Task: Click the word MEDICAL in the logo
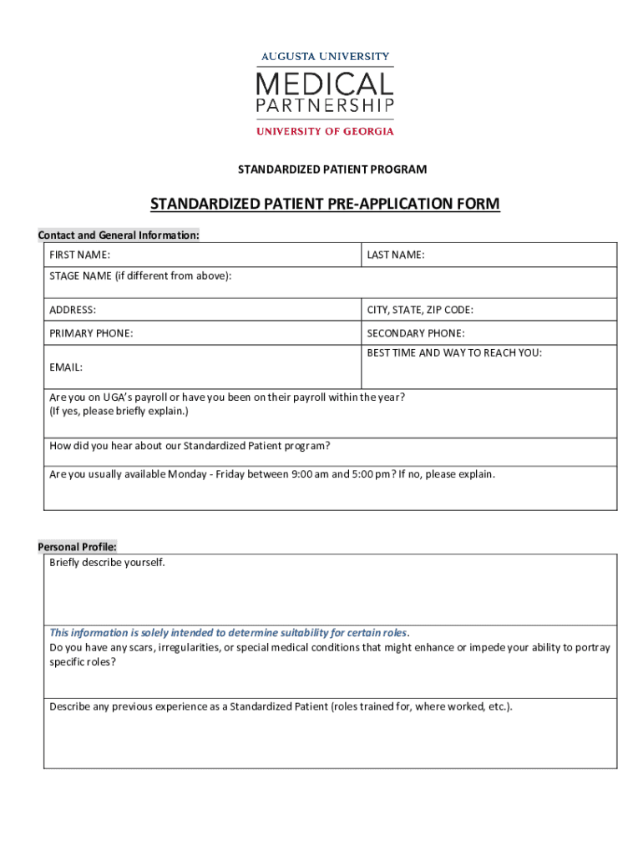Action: (324, 84)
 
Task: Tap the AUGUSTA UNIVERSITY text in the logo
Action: (325, 57)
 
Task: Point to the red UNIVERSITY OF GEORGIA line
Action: (325, 130)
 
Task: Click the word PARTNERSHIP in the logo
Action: (324, 107)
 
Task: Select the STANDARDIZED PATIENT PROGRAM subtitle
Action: (332, 169)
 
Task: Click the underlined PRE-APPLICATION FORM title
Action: (325, 205)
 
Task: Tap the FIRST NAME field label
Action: (80, 255)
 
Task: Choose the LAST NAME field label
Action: (396, 255)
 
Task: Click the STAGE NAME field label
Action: (140, 276)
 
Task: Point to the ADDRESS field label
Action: (73, 310)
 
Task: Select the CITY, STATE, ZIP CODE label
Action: (420, 310)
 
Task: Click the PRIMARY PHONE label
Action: (91, 333)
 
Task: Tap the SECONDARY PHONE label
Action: (416, 333)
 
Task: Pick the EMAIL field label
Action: (66, 367)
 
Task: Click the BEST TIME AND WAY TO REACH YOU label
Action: (454, 352)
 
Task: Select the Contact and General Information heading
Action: (119, 235)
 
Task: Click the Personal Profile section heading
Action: (78, 547)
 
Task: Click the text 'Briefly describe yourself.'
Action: (108, 563)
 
